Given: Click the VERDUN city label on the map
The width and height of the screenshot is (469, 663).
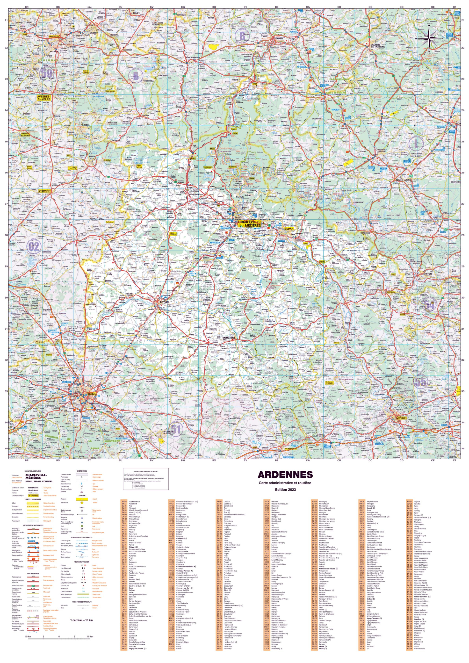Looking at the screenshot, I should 401,418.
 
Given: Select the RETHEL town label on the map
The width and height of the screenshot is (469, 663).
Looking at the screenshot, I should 165,302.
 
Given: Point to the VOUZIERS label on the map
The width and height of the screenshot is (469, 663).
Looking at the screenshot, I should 229,337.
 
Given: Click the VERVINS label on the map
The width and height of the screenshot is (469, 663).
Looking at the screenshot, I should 44,191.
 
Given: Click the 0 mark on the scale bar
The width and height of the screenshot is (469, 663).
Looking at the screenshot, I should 59,636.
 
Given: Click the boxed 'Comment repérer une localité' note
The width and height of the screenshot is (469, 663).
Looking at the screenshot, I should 146,479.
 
